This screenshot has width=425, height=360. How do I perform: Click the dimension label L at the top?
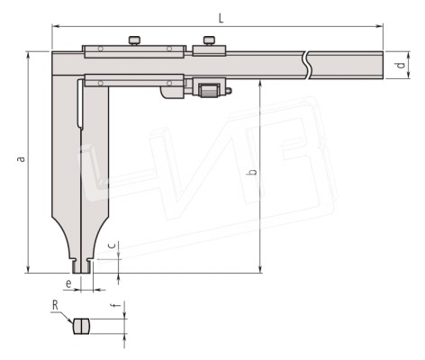point(221,18)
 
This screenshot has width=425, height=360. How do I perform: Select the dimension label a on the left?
point(21,158)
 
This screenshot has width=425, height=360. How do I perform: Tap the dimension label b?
point(253,172)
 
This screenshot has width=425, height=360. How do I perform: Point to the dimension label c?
point(112,246)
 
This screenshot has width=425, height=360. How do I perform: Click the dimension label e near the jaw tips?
point(68,283)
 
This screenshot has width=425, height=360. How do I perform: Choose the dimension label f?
point(115,305)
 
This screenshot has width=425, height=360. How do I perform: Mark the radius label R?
point(55,305)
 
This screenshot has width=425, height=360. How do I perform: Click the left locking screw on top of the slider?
point(134,40)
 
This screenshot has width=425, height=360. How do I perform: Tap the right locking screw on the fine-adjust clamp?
point(209,40)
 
